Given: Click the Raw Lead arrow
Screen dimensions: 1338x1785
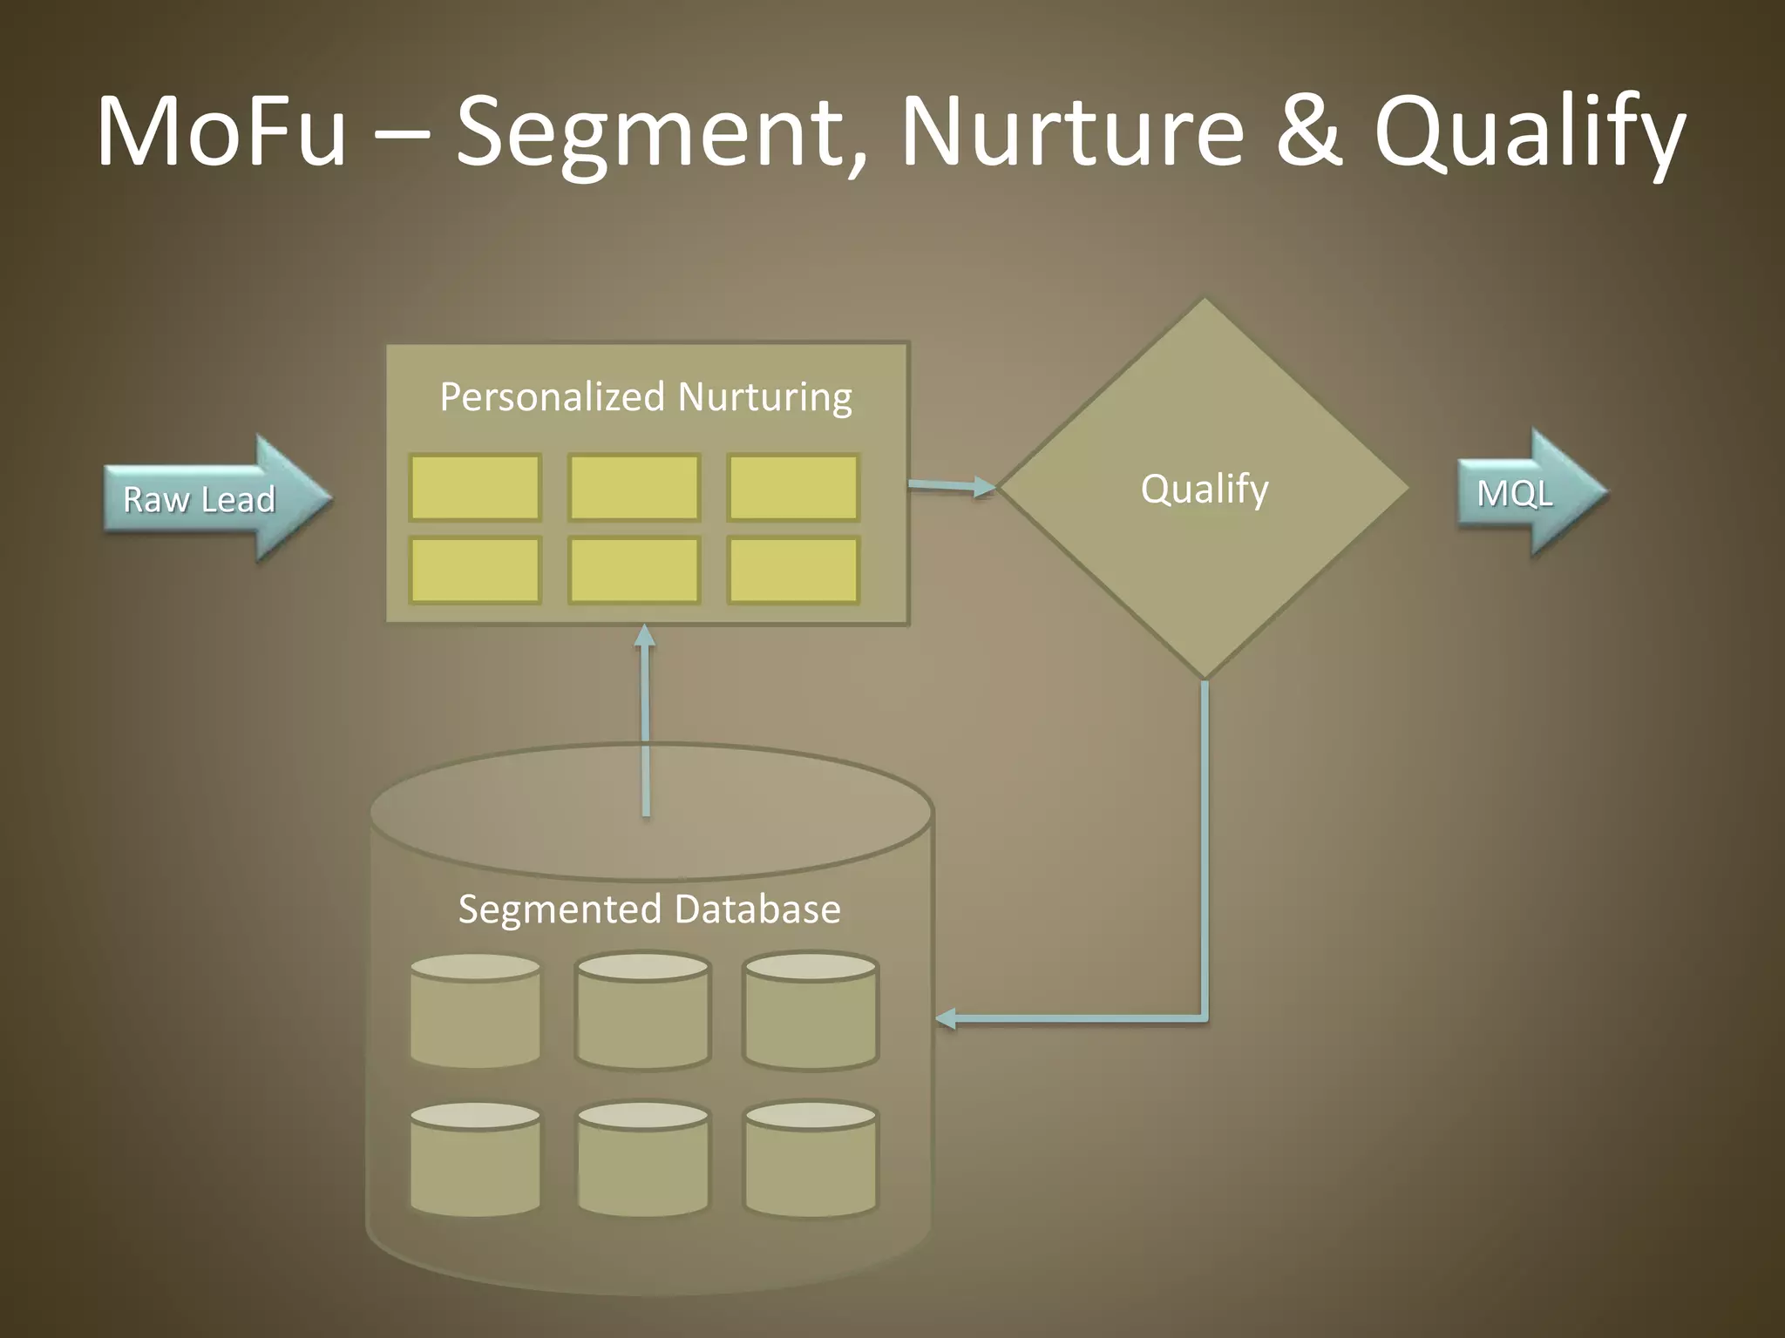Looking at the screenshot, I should (x=209, y=498).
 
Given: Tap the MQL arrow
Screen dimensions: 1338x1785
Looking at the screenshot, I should (x=1525, y=493).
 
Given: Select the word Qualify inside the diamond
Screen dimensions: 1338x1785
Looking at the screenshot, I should (x=1205, y=489).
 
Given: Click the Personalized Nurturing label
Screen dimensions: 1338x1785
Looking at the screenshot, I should (x=646, y=397).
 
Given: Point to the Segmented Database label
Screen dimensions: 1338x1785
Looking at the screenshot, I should (x=649, y=909).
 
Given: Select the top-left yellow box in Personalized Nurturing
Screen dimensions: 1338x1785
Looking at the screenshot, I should (x=475, y=488).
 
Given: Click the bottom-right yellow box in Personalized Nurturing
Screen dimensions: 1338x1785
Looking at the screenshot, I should (x=793, y=571).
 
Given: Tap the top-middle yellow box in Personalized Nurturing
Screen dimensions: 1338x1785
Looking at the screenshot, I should (x=634, y=488).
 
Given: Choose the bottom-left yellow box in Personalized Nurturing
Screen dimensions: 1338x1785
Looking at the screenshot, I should (x=475, y=571).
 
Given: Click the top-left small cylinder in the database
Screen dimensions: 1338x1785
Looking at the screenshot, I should (x=475, y=1010).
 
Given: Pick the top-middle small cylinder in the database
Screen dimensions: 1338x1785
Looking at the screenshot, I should (x=643, y=1010).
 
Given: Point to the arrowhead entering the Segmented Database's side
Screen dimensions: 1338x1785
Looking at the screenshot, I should (x=946, y=1017).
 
